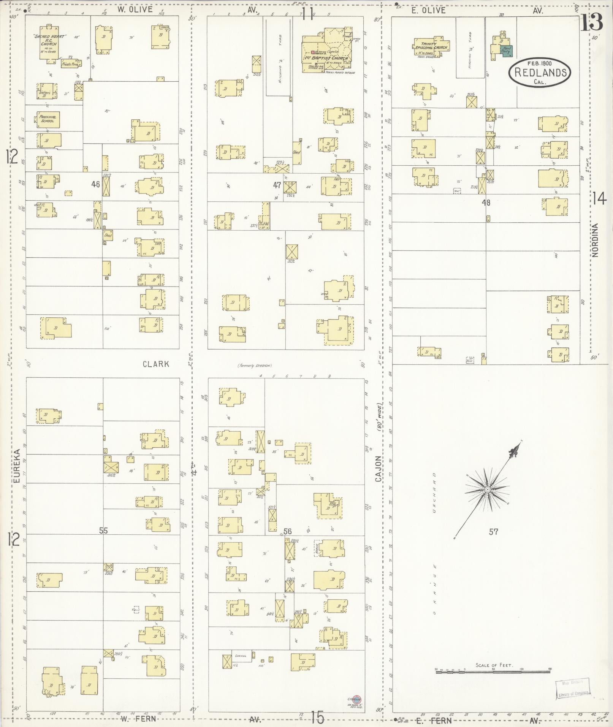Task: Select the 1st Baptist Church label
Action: point(326,58)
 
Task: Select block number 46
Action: point(95,184)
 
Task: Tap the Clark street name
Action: point(156,364)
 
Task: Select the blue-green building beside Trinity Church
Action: point(507,51)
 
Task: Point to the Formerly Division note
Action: point(255,366)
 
